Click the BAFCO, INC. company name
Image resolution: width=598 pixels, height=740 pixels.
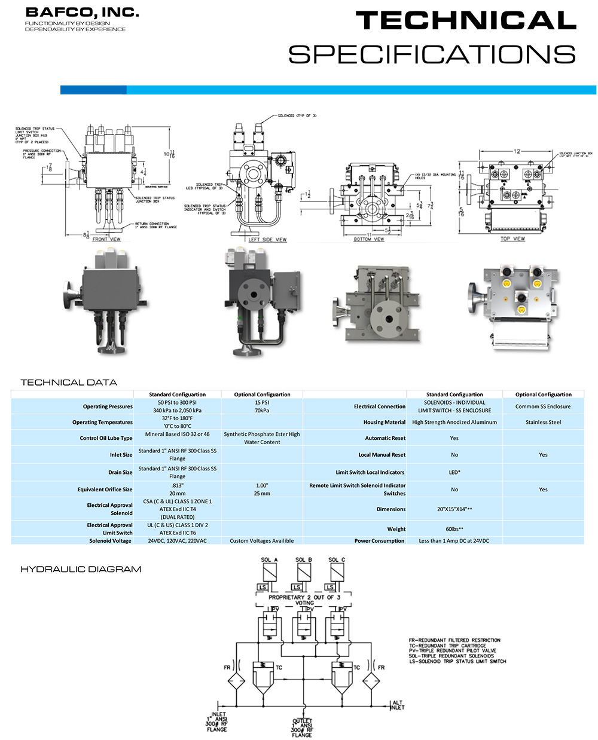(82, 12)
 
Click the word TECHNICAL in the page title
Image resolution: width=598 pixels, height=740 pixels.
(466, 21)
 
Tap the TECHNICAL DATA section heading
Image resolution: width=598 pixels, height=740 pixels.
(69, 383)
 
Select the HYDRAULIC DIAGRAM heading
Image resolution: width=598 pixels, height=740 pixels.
(81, 569)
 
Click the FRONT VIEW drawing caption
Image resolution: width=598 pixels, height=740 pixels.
(106, 239)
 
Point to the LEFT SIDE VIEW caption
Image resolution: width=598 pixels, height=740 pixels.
(267, 240)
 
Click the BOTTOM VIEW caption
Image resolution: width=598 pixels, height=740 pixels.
(369, 239)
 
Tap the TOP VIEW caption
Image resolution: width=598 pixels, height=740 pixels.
(512, 238)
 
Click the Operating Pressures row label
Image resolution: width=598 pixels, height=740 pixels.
(108, 406)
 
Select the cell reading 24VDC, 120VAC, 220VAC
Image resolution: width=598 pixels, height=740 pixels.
(177, 541)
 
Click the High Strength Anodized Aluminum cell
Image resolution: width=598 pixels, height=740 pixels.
(454, 422)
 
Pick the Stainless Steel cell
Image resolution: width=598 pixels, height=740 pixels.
(543, 422)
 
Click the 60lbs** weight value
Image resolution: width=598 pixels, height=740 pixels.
(454, 529)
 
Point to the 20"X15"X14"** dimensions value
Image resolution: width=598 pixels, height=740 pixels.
(454, 509)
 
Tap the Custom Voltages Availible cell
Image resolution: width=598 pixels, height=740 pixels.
(262, 541)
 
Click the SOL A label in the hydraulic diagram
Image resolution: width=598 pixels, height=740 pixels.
(270, 560)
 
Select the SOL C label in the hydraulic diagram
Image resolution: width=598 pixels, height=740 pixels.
(337, 560)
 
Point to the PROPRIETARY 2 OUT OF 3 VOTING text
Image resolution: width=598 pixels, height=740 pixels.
(304, 600)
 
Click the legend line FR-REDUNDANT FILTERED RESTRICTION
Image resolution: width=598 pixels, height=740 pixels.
(454, 640)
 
